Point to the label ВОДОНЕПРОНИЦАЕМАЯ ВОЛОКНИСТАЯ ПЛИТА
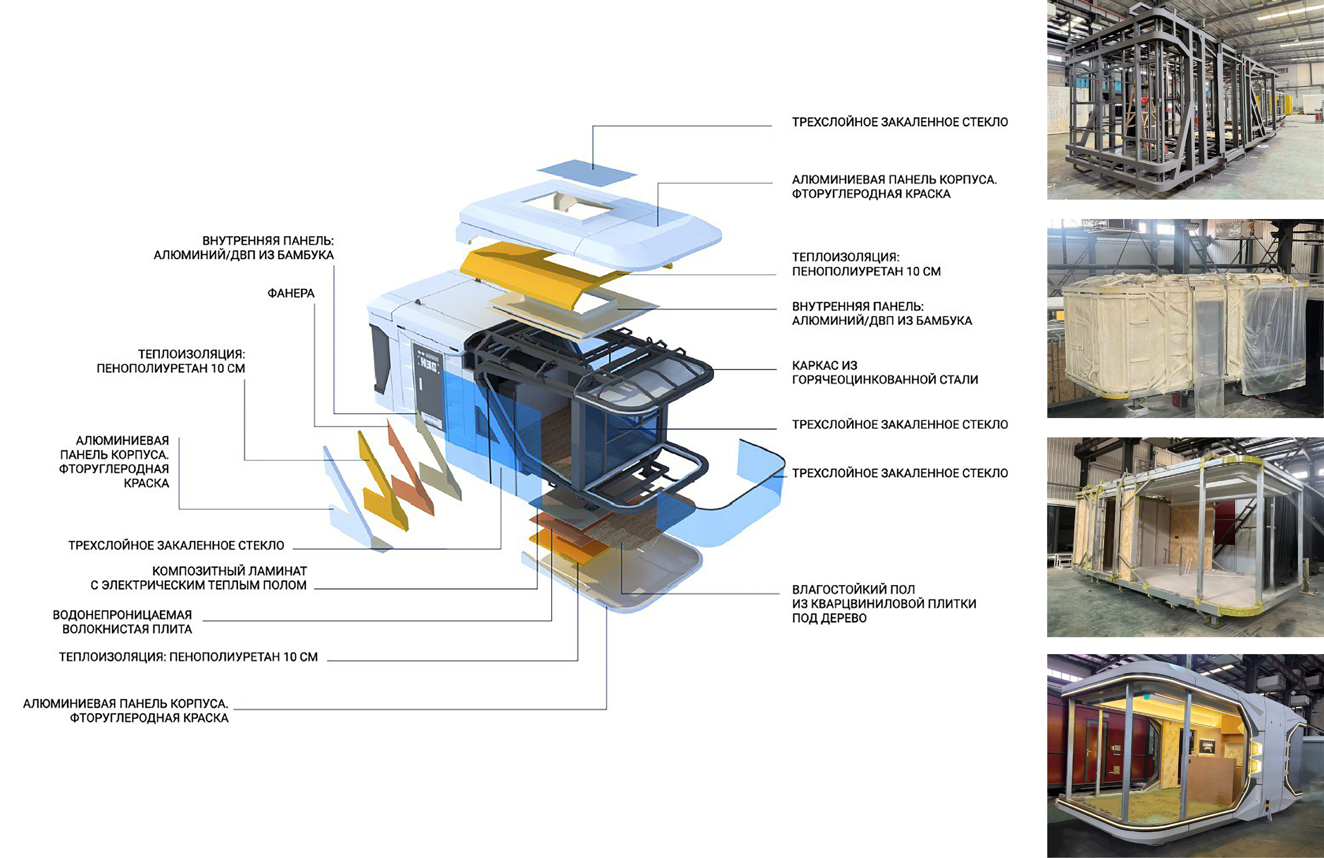(122, 621)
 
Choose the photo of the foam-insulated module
(1185, 318)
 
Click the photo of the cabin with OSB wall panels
(1185, 537)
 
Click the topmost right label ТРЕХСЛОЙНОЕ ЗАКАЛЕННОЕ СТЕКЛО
(900, 122)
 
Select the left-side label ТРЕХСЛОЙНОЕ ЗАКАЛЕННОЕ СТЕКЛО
(176, 545)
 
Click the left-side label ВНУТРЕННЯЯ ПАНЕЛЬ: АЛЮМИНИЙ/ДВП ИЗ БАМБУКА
(244, 248)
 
